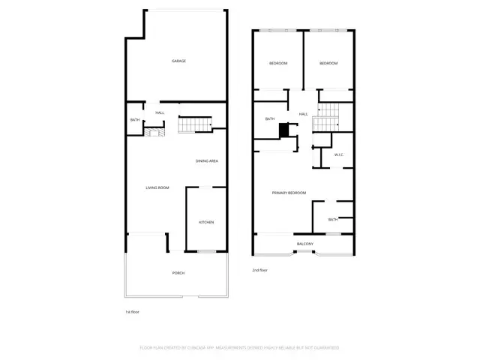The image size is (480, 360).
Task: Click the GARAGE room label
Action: click(x=178, y=61)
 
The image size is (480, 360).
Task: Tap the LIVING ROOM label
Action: click(x=157, y=187)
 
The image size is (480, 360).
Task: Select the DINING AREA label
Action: click(x=207, y=161)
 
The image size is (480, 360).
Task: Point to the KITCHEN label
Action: click(x=206, y=222)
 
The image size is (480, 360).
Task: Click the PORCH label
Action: click(x=178, y=273)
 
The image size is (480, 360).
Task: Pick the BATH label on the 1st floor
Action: click(x=135, y=121)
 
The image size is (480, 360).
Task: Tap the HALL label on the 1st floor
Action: click(x=160, y=112)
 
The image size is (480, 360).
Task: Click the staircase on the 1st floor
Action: click(x=195, y=124)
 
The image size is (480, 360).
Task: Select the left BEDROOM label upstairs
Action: click(x=278, y=63)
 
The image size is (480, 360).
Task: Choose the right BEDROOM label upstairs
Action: click(x=328, y=63)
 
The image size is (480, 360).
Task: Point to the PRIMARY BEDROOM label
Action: click(x=289, y=193)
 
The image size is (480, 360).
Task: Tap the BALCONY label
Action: click(x=305, y=244)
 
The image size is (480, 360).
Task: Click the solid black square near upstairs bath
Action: click(x=284, y=130)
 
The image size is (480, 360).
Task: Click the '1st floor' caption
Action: click(x=132, y=311)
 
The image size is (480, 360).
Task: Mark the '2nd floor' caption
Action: click(x=259, y=270)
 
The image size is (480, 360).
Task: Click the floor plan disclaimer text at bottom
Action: click(x=240, y=348)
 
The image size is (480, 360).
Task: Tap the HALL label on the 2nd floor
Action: click(x=304, y=114)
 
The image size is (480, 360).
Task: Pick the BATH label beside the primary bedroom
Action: click(x=332, y=219)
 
